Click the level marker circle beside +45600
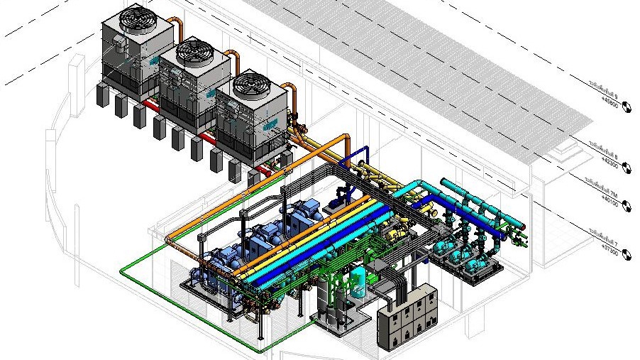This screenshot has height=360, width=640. point(627,107)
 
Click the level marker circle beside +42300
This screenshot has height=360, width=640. point(627,166)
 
